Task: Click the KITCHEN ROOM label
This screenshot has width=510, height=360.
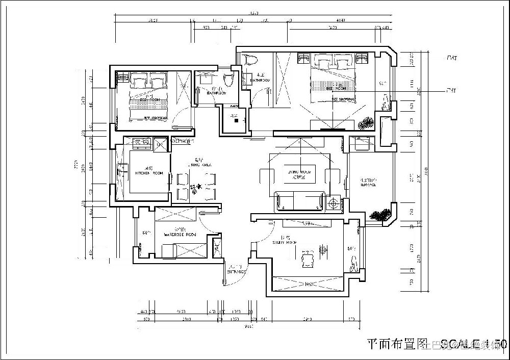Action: pyautogui.click(x=149, y=173)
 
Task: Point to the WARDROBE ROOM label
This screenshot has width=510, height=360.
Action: pyautogui.click(x=180, y=235)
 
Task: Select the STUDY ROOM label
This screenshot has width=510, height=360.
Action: pyautogui.click(x=285, y=243)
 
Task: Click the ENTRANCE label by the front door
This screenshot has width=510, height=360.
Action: pyautogui.click(x=237, y=272)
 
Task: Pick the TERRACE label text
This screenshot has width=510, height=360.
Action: pyautogui.click(x=368, y=185)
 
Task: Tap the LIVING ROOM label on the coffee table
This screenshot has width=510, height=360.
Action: pyautogui.click(x=299, y=173)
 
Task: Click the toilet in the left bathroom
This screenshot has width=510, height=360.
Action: pyautogui.click(x=228, y=80)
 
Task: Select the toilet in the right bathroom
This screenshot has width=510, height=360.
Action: pyautogui.click(x=249, y=61)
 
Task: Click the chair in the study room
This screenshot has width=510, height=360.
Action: pyautogui.click(x=307, y=259)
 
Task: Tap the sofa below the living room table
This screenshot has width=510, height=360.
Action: pyautogui.click(x=300, y=201)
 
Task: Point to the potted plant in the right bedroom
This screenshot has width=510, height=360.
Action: pyautogui.click(x=366, y=123)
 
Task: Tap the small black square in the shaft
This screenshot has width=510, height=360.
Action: pyautogui.click(x=236, y=121)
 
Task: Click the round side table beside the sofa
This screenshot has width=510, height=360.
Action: pyautogui.click(x=334, y=203)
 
